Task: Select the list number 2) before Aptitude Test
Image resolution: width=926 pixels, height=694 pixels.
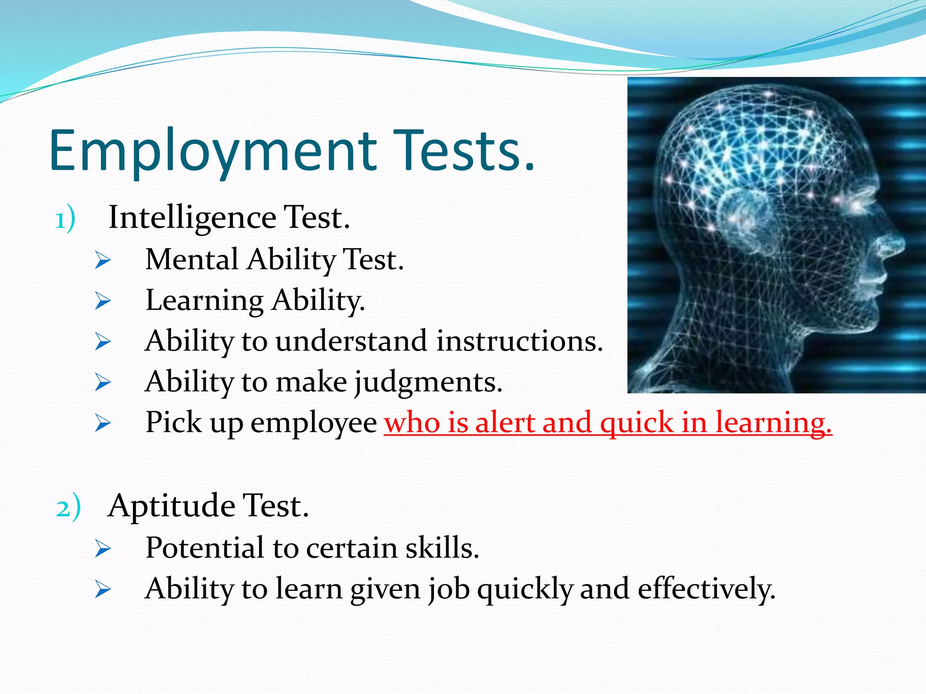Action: pyautogui.click(x=68, y=508)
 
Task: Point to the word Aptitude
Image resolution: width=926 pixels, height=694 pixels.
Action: pyautogui.click(x=171, y=506)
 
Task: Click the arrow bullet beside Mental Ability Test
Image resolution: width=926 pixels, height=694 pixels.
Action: pyautogui.click(x=103, y=261)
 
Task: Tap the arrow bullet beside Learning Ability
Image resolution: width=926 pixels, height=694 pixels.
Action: pyautogui.click(x=103, y=301)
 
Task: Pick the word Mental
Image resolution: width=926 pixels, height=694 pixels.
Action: pyautogui.click(x=192, y=260)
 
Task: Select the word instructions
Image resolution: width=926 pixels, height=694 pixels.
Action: pyautogui.click(x=520, y=341)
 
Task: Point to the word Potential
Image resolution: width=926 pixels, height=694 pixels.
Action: pyautogui.click(x=205, y=548)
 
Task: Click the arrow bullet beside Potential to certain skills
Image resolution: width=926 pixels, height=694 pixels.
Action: pyautogui.click(x=103, y=549)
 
